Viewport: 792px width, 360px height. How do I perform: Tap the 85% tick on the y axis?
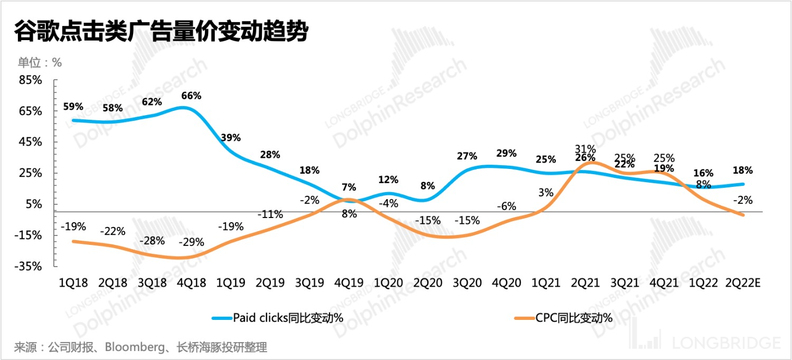click(30, 80)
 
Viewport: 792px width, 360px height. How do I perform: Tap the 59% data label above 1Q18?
click(73, 107)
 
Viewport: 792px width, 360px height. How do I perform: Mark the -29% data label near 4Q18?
click(192, 243)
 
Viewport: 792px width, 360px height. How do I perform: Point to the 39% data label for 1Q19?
click(231, 138)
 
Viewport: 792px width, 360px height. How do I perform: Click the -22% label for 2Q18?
click(113, 231)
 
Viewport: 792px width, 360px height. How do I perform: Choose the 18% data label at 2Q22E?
click(742, 170)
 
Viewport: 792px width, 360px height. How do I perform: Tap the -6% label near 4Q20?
click(506, 206)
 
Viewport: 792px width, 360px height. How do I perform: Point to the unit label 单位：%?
click(40, 62)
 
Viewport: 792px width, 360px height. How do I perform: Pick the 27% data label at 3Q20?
click(467, 156)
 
